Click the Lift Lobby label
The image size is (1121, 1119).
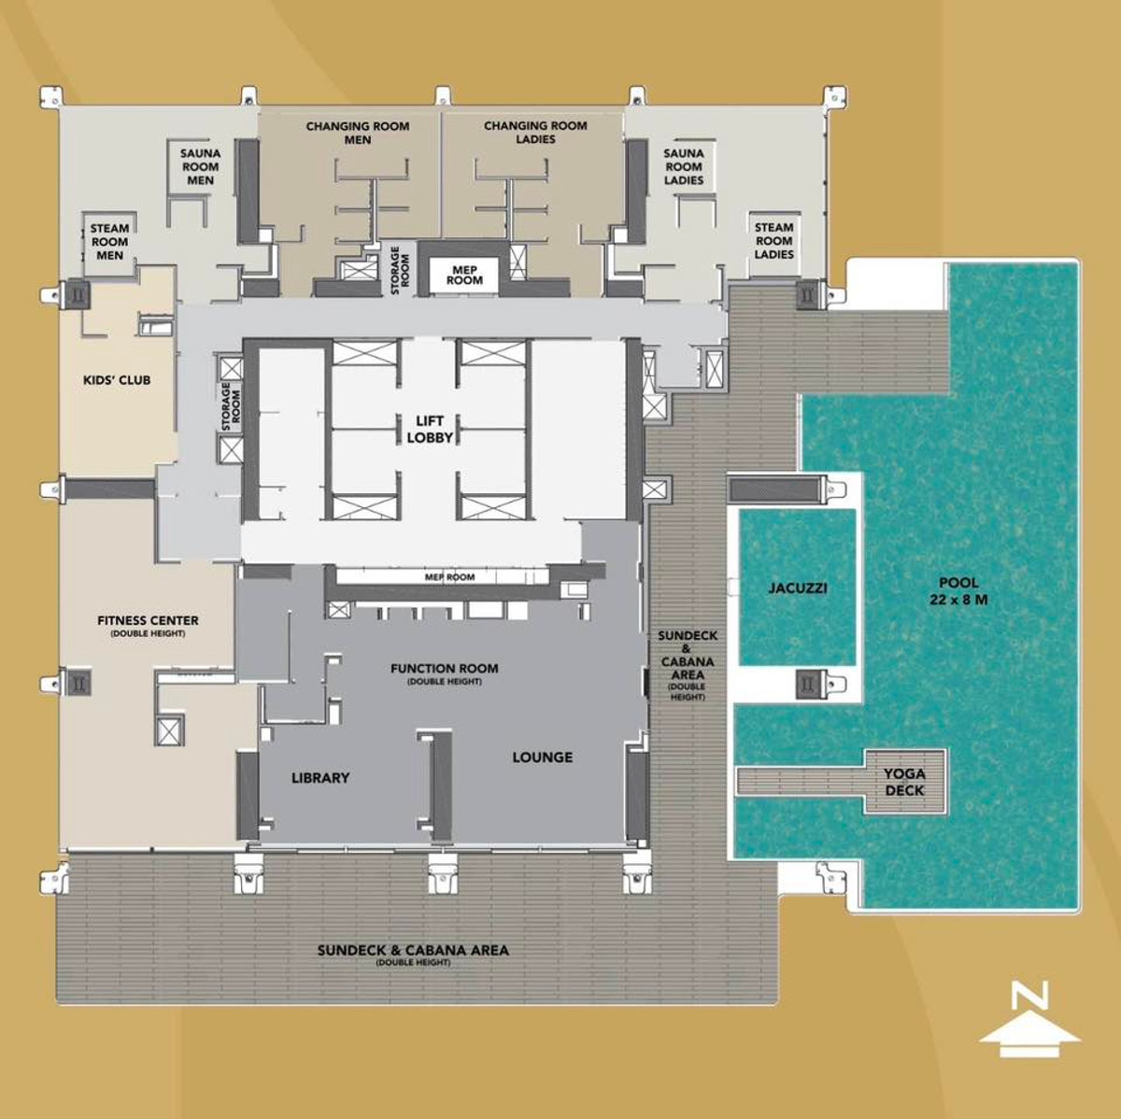coord(430,429)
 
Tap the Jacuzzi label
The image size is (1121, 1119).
coord(798,588)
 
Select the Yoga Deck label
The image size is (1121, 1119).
coord(904,782)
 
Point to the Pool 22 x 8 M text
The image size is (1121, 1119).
coord(958,591)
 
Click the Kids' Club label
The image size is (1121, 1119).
coord(117,380)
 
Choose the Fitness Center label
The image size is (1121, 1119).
coord(148,624)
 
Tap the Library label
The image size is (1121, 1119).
coord(320,777)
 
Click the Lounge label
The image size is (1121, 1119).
coord(542,758)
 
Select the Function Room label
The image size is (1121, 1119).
coord(445,673)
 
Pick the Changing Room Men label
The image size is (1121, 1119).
coord(358,133)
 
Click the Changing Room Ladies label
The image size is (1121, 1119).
coord(535,132)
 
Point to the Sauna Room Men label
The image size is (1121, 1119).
coord(201,166)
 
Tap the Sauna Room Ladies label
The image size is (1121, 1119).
coord(684,166)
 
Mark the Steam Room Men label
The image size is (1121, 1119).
coord(109,241)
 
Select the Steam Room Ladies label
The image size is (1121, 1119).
coord(774,240)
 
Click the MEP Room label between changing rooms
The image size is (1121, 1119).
coord(464,275)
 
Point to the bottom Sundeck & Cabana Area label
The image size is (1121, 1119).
coord(413,954)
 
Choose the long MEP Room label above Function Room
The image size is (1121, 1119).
coord(450,577)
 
